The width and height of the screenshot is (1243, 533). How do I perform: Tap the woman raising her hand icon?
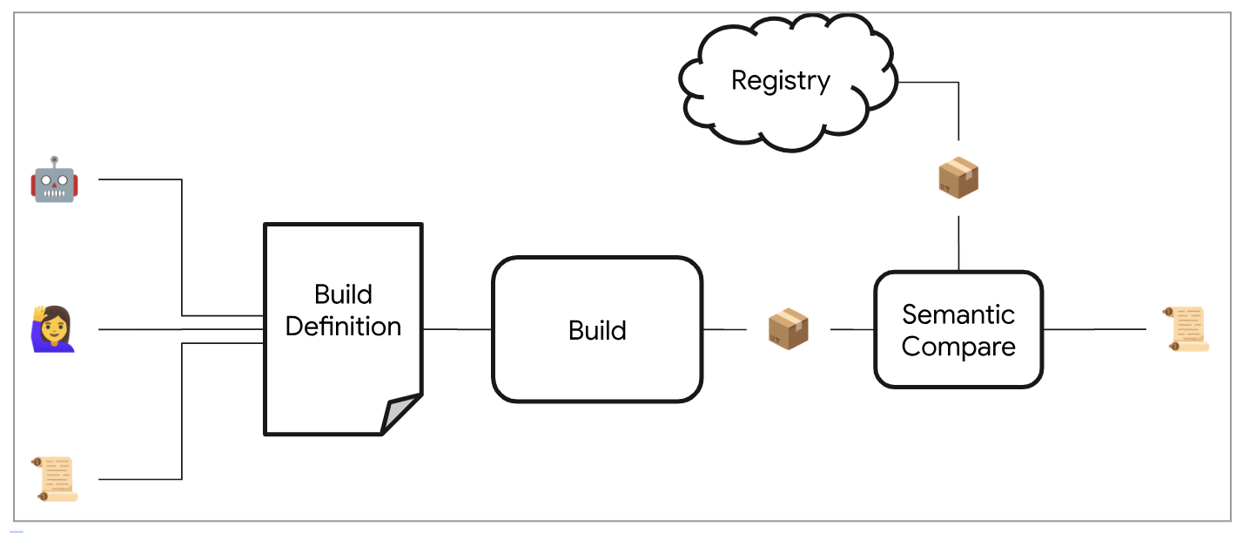click(53, 329)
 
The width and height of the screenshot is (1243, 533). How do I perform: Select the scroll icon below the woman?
click(55, 479)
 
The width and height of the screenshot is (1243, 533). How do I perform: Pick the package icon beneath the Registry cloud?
click(958, 178)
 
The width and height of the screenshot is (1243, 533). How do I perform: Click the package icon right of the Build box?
click(789, 330)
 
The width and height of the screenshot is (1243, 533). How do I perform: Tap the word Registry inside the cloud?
click(781, 81)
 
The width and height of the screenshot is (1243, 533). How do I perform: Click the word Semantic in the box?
click(958, 314)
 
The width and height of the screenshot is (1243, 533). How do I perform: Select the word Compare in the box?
click(958, 347)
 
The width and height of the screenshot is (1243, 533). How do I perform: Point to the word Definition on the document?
click(343, 327)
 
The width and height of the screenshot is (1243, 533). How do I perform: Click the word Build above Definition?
click(343, 293)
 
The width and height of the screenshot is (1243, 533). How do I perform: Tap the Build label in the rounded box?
click(597, 331)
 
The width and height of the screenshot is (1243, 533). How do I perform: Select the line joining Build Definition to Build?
click(457, 329)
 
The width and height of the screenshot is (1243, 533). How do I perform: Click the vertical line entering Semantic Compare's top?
click(958, 244)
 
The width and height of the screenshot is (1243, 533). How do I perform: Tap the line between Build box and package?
click(724, 329)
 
